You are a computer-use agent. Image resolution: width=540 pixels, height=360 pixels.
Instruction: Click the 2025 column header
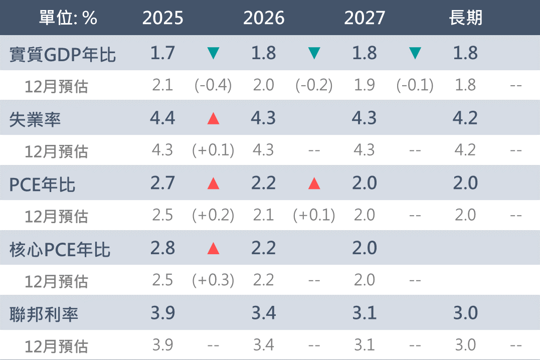click(x=163, y=18)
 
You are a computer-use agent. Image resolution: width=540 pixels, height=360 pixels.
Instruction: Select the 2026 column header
click(x=264, y=18)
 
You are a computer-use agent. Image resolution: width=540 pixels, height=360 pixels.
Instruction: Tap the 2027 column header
click(x=365, y=18)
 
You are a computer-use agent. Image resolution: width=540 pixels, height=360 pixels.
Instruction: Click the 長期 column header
click(x=465, y=18)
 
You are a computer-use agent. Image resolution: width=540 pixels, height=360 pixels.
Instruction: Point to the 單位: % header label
click(x=68, y=18)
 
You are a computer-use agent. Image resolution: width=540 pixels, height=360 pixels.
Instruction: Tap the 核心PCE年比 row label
click(x=60, y=249)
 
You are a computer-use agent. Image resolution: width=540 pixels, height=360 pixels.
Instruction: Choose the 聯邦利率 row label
click(x=44, y=314)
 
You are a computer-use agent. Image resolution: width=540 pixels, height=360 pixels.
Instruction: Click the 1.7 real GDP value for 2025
click(x=163, y=53)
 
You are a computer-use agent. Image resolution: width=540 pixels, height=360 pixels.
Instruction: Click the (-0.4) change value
click(x=213, y=85)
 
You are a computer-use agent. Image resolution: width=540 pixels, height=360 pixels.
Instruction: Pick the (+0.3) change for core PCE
click(x=213, y=280)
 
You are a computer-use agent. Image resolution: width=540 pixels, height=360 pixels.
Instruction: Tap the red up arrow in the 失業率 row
click(x=214, y=118)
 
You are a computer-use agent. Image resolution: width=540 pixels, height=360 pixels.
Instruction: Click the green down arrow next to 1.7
click(x=214, y=53)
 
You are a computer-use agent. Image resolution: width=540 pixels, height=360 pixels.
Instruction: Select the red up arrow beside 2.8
click(x=214, y=248)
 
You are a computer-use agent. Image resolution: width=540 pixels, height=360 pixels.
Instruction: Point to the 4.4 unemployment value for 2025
click(x=163, y=118)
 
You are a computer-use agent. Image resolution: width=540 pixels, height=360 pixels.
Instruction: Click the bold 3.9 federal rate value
click(x=163, y=313)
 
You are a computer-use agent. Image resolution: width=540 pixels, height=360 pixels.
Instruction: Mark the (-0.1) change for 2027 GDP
click(x=415, y=85)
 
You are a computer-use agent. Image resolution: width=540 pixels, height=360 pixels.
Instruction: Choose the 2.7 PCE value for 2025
click(x=163, y=183)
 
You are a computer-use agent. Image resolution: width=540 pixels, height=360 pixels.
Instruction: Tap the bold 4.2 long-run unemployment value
click(x=465, y=118)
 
